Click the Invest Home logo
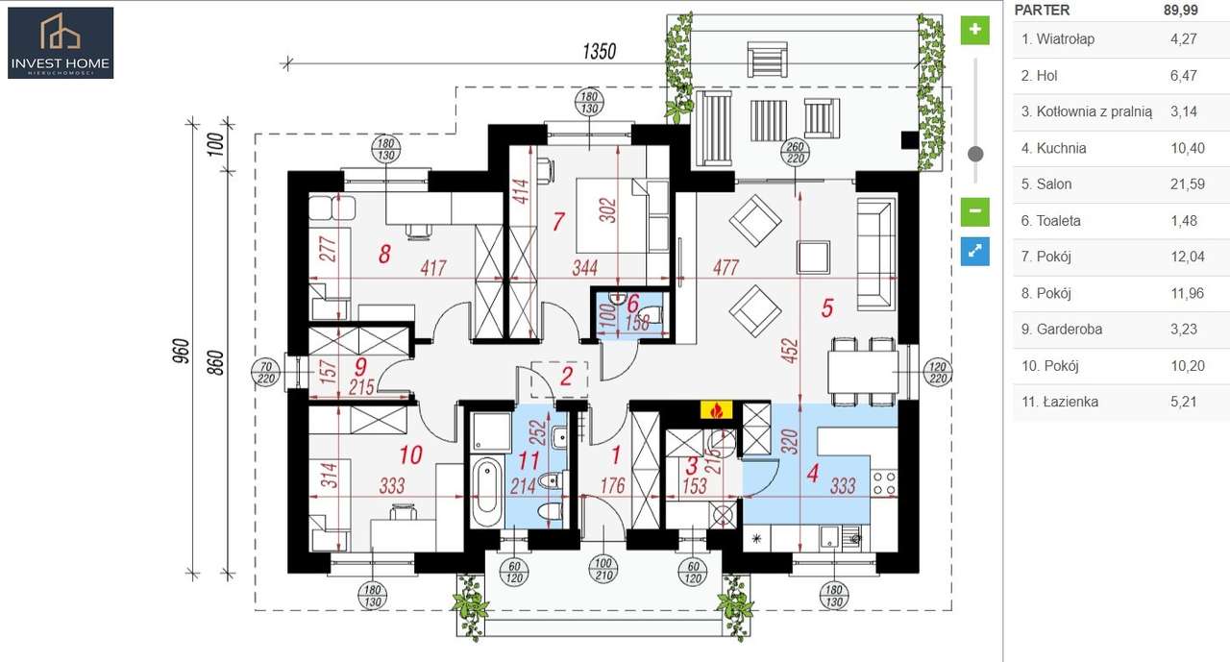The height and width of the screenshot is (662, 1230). click(61, 43)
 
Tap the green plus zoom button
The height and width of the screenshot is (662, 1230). click(974, 29)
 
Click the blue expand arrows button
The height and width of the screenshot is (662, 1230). click(974, 251)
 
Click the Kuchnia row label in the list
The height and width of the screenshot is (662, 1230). click(1061, 148)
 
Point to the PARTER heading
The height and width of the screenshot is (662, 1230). click(1043, 11)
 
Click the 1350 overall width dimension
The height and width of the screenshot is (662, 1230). click(599, 52)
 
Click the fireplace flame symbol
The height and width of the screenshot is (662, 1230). click(715, 410)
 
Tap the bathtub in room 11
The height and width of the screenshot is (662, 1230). click(487, 490)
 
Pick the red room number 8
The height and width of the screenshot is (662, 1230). click(384, 255)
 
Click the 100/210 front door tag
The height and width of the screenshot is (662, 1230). click(603, 568)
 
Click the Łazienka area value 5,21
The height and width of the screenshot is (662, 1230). click(1183, 402)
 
